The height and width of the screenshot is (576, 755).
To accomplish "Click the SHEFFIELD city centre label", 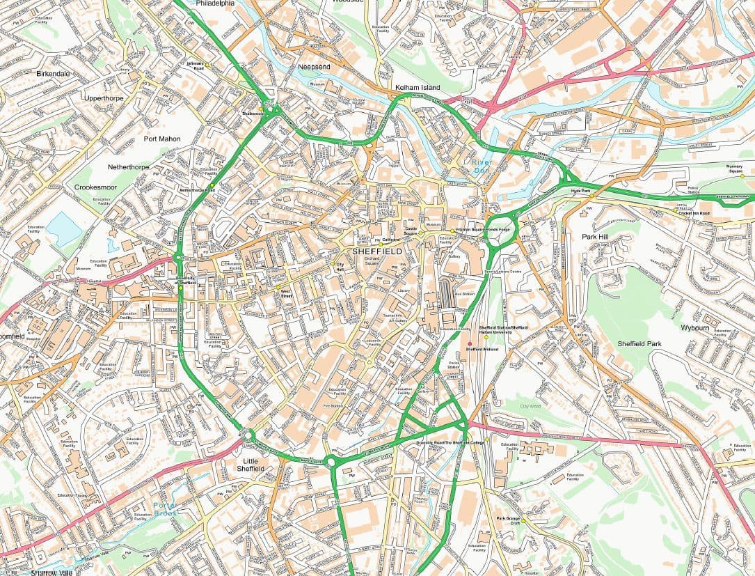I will coord(377,251).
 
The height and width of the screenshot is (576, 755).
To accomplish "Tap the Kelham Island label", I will coord(418,87).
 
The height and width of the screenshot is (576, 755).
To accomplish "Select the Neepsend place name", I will coord(314,66).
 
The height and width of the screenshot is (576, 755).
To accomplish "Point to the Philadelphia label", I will coord(215,3).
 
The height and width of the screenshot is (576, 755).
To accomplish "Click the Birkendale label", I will coord(53,73).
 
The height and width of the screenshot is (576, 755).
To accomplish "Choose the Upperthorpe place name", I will coord(103,98).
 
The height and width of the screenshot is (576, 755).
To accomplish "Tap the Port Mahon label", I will coord(162,139).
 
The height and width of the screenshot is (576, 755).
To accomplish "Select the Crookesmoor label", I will coord(96,187).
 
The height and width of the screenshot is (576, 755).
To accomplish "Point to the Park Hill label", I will coord(595,237).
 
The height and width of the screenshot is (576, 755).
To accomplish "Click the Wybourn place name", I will coord(694,327).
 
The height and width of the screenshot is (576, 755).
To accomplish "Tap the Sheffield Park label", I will coord(639,344).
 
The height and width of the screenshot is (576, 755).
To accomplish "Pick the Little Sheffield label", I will coord(249,465).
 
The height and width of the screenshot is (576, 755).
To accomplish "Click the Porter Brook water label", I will coord(165,509).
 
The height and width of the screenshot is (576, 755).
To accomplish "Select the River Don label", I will coord(477,166).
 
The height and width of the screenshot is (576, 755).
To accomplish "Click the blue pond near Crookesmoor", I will coord(65,228).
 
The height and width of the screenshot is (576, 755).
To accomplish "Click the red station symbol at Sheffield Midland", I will coord(470,344).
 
